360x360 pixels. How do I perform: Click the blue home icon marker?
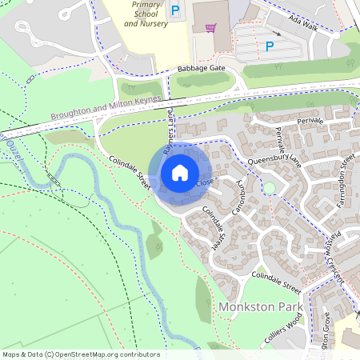click(x=180, y=172)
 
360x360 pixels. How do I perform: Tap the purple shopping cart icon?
click(x=210, y=28)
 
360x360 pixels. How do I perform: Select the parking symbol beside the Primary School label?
click(x=175, y=11)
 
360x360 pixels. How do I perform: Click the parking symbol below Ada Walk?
click(x=270, y=47)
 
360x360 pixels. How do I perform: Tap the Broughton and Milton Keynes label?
click(x=106, y=109)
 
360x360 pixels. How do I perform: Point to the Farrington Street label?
click(x=346, y=181)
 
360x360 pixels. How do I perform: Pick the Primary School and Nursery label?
click(x=146, y=14)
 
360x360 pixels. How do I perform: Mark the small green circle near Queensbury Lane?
click(x=270, y=188)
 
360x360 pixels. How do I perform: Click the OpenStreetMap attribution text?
click(x=80, y=354)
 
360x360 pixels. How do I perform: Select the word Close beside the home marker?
click(x=205, y=183)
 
